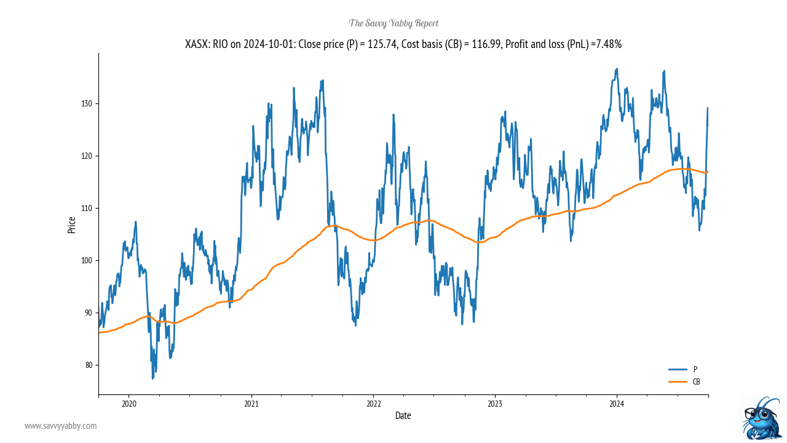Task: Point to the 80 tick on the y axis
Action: [87, 365]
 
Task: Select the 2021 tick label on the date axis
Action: [251, 404]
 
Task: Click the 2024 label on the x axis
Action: [617, 404]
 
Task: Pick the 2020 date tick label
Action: [129, 404]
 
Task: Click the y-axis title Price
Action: [72, 225]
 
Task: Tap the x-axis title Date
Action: [403, 416]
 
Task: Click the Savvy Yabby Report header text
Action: [393, 23]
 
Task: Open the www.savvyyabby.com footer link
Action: [60, 426]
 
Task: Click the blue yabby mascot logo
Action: [762, 418]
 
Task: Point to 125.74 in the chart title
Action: [381, 44]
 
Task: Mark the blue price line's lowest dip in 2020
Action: [152, 378]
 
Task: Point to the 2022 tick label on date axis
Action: [373, 404]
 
